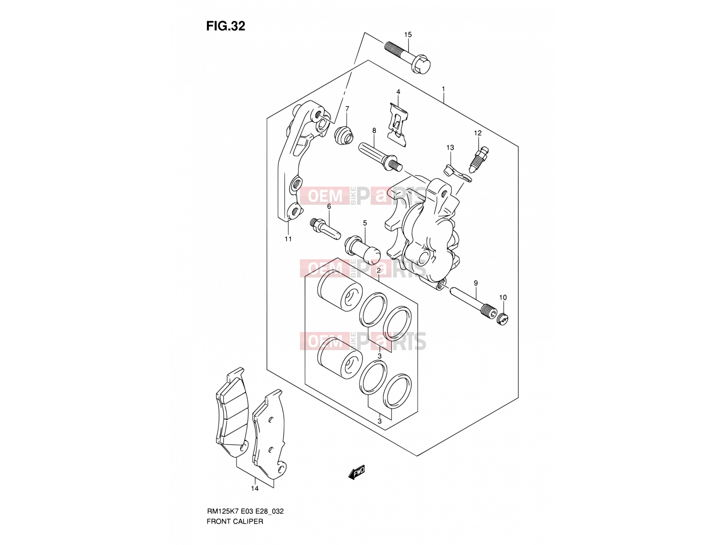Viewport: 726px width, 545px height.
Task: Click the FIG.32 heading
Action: coord(226,26)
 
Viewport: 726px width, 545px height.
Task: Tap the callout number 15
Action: coord(408,35)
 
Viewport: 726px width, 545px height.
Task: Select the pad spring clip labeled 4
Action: coord(398,124)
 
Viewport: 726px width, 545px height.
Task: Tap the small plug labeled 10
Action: coord(502,319)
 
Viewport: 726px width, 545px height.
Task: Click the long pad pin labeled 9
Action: coord(473,302)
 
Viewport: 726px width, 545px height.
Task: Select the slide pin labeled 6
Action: coord(326,228)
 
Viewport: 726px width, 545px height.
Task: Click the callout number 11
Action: coord(288,239)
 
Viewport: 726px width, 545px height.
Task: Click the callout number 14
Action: coord(255,488)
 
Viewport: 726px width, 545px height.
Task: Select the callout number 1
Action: coord(443,89)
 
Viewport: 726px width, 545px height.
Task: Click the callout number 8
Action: coord(374,131)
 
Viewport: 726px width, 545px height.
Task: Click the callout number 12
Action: coord(478,133)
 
